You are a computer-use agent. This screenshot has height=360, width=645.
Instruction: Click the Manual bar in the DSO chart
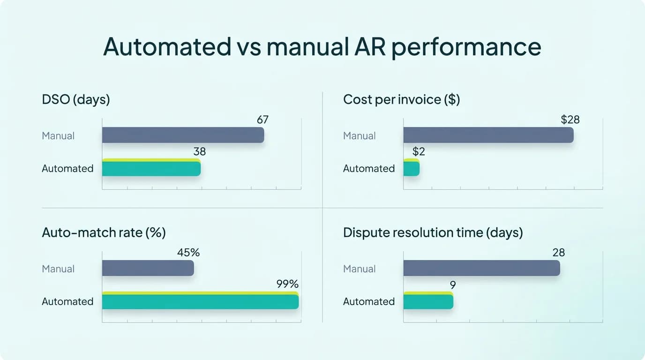click(183, 135)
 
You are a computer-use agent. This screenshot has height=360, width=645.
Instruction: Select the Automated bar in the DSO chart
click(151, 168)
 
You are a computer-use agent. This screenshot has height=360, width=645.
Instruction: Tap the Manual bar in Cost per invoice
click(488, 135)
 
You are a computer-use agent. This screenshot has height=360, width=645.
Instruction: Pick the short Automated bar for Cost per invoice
click(411, 168)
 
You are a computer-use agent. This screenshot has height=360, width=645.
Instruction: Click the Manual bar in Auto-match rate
click(148, 268)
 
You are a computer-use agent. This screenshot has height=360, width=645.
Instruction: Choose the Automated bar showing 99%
click(200, 301)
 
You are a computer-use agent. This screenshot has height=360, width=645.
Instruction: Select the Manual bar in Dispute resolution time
click(481, 268)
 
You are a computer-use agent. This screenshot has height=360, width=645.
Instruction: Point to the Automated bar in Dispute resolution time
click(428, 301)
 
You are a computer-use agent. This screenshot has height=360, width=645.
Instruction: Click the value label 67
click(262, 120)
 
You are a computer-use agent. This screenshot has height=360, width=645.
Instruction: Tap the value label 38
click(199, 152)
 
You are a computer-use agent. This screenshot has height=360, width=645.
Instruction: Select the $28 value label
click(570, 120)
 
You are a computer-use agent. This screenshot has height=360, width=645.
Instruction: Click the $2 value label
click(418, 152)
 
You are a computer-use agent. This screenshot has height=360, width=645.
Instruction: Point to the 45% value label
click(188, 253)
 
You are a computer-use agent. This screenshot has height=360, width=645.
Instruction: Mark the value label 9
click(452, 285)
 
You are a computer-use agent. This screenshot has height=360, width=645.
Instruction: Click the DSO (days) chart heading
click(75, 99)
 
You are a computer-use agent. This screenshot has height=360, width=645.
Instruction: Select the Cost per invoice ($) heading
click(401, 99)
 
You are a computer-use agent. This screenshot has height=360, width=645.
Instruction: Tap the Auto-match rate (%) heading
click(104, 232)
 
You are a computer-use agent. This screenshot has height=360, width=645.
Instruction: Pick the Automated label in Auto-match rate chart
click(67, 301)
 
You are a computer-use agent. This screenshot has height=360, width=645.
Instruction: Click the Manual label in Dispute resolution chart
click(359, 269)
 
